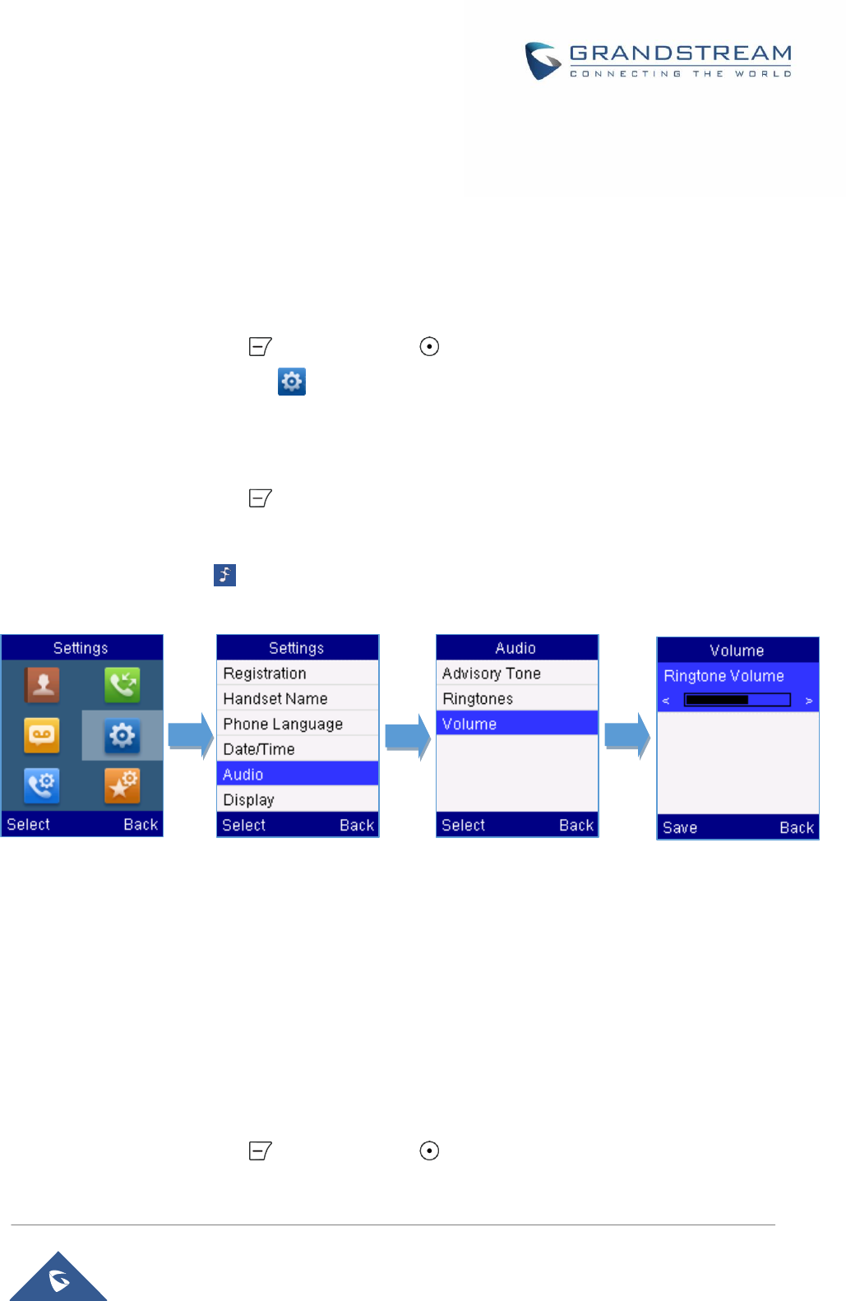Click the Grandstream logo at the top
pyautogui.click(x=658, y=61)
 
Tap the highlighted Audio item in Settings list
pyautogui.click(x=297, y=774)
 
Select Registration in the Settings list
pyautogui.click(x=297, y=673)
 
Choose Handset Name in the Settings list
pyautogui.click(x=297, y=698)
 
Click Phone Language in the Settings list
pyautogui.click(x=297, y=724)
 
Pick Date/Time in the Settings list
pyautogui.click(x=297, y=749)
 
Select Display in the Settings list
pyautogui.click(x=297, y=799)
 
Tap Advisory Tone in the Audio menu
pyautogui.click(x=516, y=673)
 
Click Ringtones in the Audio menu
pyautogui.click(x=516, y=698)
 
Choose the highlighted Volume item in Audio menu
pyautogui.click(x=516, y=724)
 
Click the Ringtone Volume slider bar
pyautogui.click(x=737, y=700)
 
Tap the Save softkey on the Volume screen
pyautogui.click(x=680, y=827)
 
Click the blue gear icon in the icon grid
pyautogui.click(x=123, y=735)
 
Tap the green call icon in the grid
pyautogui.click(x=123, y=684)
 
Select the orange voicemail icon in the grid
pyautogui.click(x=42, y=735)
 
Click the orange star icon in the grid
pyautogui.click(x=123, y=785)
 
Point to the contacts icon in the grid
pyautogui.click(x=42, y=684)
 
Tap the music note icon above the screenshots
pyautogui.click(x=224, y=575)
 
